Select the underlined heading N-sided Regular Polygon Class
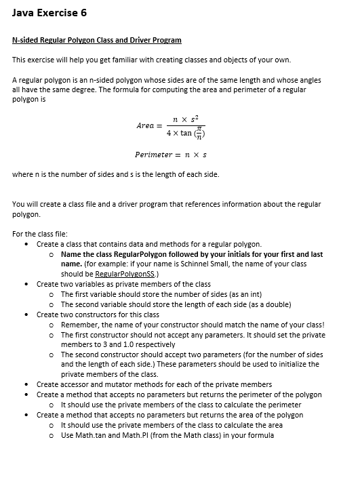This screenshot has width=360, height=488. click(x=97, y=41)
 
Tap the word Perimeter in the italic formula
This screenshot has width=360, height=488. click(x=153, y=155)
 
